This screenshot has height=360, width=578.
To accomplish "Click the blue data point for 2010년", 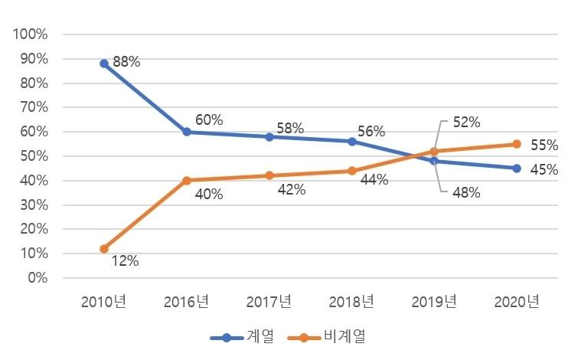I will [x=104, y=64].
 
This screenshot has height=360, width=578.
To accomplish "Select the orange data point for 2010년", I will [x=104, y=248].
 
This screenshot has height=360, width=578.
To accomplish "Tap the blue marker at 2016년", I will [x=187, y=132].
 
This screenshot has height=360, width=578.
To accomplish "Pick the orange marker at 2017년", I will [x=269, y=175].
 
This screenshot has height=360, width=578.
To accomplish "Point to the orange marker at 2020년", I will [x=517, y=144].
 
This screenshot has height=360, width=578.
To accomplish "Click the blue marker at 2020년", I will [x=517, y=169].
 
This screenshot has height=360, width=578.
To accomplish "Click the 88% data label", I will [x=126, y=62].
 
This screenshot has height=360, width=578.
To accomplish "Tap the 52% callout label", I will [x=465, y=122].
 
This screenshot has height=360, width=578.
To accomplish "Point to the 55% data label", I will [x=544, y=146].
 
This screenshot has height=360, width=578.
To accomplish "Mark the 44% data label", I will [x=374, y=180].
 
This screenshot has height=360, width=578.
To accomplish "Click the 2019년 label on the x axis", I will [x=434, y=302].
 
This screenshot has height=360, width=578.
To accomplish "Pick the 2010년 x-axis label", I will [x=104, y=302].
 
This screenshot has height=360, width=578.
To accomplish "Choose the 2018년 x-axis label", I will [x=351, y=302].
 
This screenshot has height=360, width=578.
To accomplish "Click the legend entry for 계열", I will [x=243, y=337].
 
